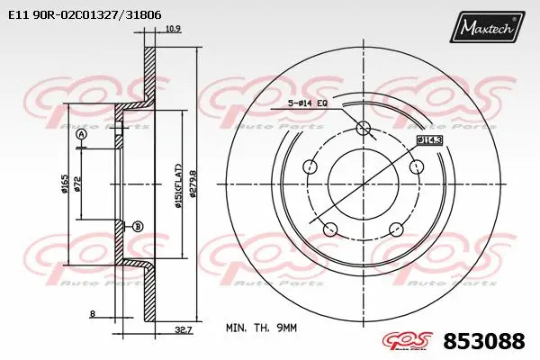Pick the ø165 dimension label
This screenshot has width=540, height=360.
[x=65, y=184]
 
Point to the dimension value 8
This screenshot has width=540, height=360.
[x=93, y=313]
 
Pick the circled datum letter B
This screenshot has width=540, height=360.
[x=137, y=225]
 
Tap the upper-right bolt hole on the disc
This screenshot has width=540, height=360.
[x=416, y=167]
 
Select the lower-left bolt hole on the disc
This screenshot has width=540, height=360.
[x=330, y=228]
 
